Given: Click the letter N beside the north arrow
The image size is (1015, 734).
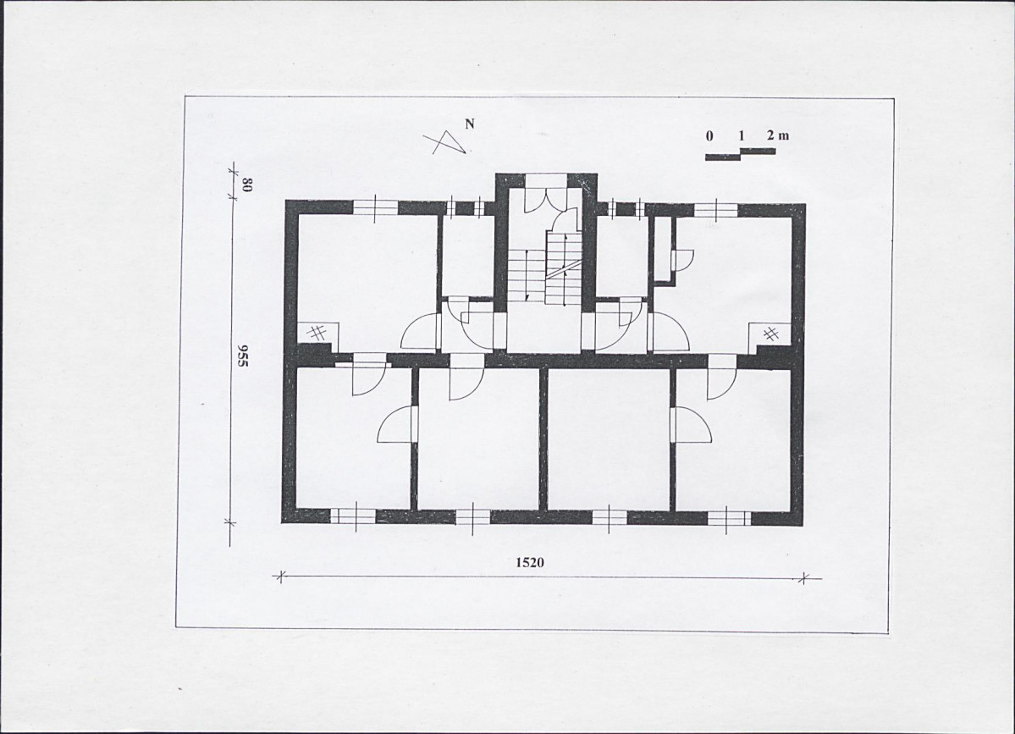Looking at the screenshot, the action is [x=470, y=124].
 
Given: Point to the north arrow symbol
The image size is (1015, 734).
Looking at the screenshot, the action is [x=445, y=142].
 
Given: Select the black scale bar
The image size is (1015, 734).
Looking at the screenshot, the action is [x=740, y=154].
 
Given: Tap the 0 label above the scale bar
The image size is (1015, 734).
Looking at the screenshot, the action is [x=710, y=136].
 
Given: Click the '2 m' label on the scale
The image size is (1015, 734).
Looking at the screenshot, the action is [x=777, y=135].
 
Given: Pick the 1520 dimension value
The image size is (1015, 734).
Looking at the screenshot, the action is [x=529, y=562].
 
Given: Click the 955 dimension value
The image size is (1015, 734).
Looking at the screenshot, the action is [x=243, y=356].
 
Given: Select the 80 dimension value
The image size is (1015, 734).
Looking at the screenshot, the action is [x=246, y=185].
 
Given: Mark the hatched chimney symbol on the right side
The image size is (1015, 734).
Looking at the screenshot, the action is [x=770, y=334].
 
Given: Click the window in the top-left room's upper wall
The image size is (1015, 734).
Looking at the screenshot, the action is [x=375, y=207].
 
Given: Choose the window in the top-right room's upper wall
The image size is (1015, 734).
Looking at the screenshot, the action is [x=716, y=209].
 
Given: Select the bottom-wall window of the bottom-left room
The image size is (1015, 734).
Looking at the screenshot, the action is [x=354, y=516].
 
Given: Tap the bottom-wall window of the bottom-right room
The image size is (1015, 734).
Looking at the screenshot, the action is [x=729, y=518].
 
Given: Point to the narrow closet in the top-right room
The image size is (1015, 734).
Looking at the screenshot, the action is [x=661, y=250].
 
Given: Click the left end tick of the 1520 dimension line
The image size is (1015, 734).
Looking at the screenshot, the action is [x=280, y=576].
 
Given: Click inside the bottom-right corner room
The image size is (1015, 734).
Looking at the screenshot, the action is [x=733, y=447].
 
